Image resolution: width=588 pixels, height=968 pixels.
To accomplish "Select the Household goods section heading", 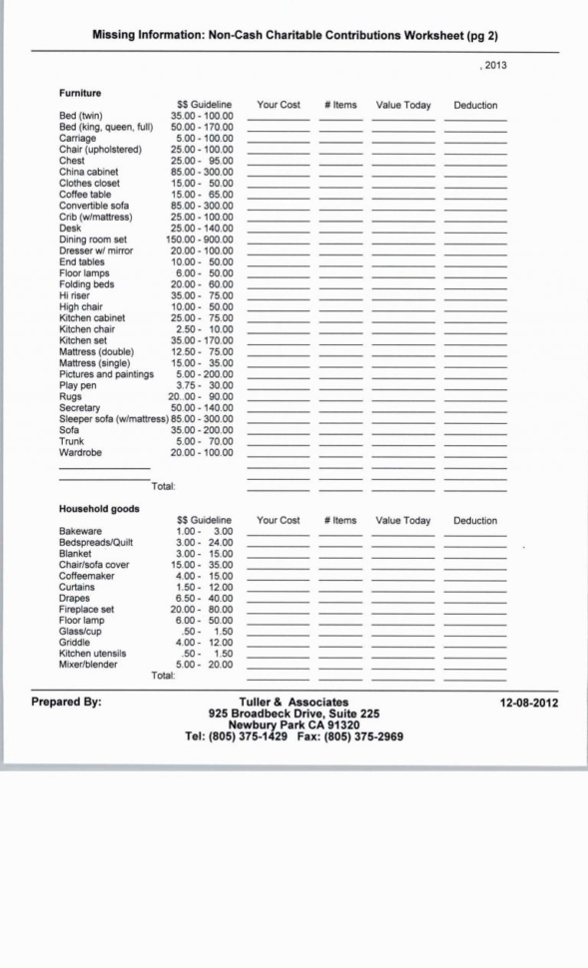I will point(99,508).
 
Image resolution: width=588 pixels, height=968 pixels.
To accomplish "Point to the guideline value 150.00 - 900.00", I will point(200,240).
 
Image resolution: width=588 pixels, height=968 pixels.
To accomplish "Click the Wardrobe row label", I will point(82,452).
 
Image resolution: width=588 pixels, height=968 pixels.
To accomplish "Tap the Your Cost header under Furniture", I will point(279,105).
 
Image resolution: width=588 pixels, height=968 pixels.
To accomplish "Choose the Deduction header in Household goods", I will point(475,521).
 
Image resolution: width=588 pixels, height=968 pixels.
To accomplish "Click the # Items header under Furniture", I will point(340,105).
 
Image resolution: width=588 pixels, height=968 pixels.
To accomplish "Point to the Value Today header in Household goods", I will point(403,521).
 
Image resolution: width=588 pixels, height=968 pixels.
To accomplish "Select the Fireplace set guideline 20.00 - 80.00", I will point(202,610).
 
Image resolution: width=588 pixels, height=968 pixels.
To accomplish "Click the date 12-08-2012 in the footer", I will point(529,703).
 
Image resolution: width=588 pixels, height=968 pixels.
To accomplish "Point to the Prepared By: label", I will point(66,702).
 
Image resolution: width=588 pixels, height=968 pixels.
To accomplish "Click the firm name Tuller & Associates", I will point(294,703).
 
